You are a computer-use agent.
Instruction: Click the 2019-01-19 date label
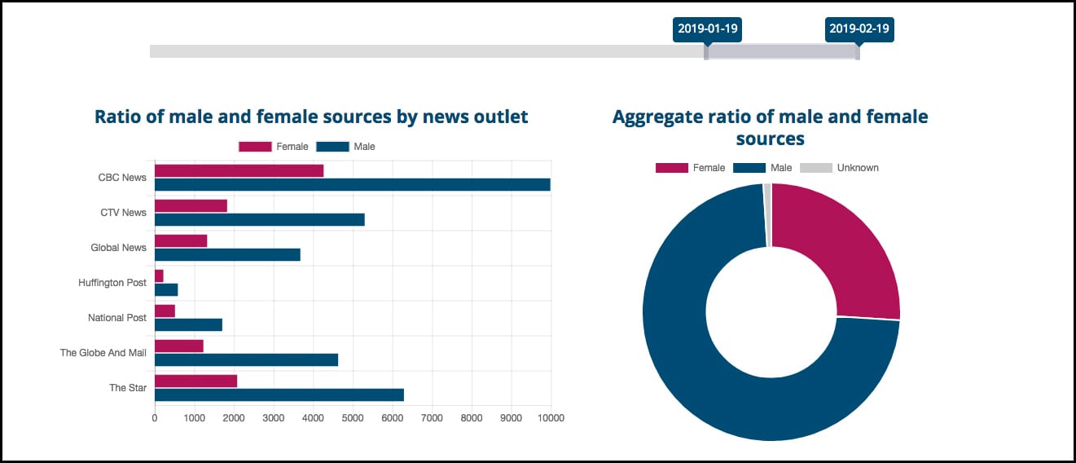pos(707,29)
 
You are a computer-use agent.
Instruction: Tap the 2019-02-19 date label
pos(859,29)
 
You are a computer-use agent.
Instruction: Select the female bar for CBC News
pos(239,170)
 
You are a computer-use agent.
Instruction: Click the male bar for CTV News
pos(259,219)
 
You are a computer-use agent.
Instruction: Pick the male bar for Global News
pos(227,254)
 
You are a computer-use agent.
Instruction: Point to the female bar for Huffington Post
pos(159,276)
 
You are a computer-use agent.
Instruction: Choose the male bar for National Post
pos(188,324)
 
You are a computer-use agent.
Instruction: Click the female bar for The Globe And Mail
pos(178,346)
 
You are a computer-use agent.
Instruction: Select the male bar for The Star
pos(279,395)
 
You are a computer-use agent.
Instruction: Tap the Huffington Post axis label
pos(112,283)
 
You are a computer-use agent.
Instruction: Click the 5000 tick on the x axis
pos(353,418)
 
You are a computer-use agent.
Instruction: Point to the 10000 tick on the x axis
pos(551,418)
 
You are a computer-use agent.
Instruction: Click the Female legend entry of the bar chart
pos(274,147)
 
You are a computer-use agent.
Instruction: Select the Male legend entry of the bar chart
pos(346,147)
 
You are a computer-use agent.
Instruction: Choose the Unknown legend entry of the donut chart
pos(839,168)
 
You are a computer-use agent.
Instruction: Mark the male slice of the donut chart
pos(717,391)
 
